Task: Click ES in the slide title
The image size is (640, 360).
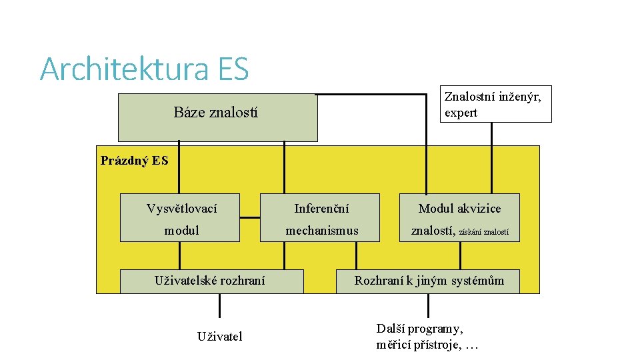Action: point(232,69)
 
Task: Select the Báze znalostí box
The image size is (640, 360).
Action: point(217,117)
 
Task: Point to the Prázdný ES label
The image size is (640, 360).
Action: point(134,161)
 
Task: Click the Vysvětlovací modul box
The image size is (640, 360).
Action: point(180,217)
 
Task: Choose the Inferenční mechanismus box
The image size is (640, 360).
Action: point(321,217)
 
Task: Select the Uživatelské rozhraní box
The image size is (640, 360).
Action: point(211,281)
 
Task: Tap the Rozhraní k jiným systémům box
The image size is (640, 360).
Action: point(429,281)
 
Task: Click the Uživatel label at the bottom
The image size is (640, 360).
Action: point(219,336)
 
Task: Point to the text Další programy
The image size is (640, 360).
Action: point(419,329)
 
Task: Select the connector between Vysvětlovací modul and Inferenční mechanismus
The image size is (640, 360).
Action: point(250,217)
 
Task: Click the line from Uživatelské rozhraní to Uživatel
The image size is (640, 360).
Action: point(219,307)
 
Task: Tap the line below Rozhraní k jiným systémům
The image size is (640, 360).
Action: point(429,306)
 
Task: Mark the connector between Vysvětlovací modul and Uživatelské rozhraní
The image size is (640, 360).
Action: point(179,255)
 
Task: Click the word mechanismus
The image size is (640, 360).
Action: point(321,231)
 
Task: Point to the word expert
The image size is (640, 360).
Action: point(461,113)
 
